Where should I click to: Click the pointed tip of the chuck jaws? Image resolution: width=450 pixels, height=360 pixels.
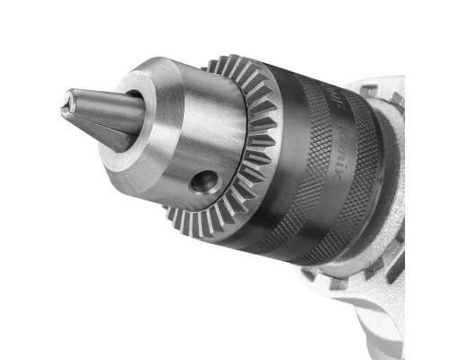pos(66,102)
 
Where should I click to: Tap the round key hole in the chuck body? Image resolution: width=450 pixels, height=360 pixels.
pos(205,183)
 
